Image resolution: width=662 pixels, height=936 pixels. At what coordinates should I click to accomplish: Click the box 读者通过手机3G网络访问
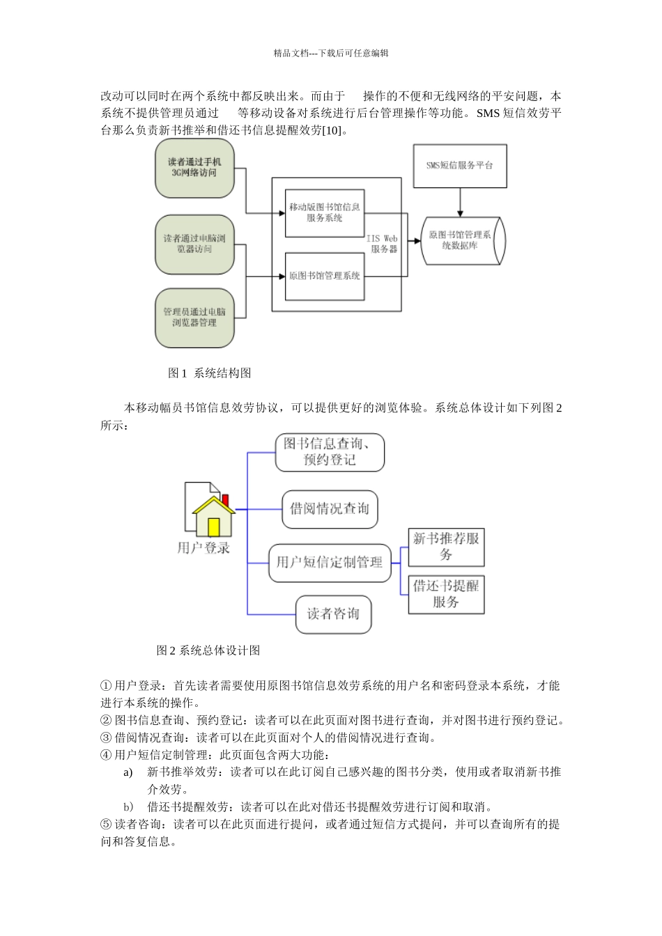[194, 169]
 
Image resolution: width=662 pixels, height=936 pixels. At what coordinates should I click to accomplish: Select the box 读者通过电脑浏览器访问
[194, 244]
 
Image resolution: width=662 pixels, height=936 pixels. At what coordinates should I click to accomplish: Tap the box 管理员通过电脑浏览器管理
[194, 318]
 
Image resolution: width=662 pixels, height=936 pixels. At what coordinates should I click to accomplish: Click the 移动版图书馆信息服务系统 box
[325, 212]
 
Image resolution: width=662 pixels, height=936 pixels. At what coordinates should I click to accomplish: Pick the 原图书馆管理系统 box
[325, 276]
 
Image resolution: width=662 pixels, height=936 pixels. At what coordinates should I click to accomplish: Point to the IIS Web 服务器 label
[383, 243]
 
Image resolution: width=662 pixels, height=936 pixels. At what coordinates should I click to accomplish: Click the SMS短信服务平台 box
[460, 166]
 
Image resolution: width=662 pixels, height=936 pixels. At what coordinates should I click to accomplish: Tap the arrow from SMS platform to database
[460, 202]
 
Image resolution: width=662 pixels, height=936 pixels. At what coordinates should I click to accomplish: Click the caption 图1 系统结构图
[209, 373]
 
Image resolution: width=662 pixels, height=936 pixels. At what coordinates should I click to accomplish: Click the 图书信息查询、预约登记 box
[330, 452]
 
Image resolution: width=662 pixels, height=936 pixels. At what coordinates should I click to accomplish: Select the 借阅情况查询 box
[330, 508]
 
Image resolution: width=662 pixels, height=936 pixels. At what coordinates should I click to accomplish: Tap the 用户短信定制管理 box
[330, 563]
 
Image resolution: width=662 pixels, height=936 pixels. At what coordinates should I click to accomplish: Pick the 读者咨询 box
[333, 614]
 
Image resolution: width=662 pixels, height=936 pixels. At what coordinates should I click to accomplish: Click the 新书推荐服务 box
[446, 547]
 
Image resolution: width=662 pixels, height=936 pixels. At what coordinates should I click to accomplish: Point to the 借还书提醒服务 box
[446, 594]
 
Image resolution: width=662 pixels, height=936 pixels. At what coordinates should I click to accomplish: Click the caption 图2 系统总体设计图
[208, 650]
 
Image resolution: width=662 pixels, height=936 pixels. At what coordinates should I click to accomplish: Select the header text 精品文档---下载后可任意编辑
[331, 53]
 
